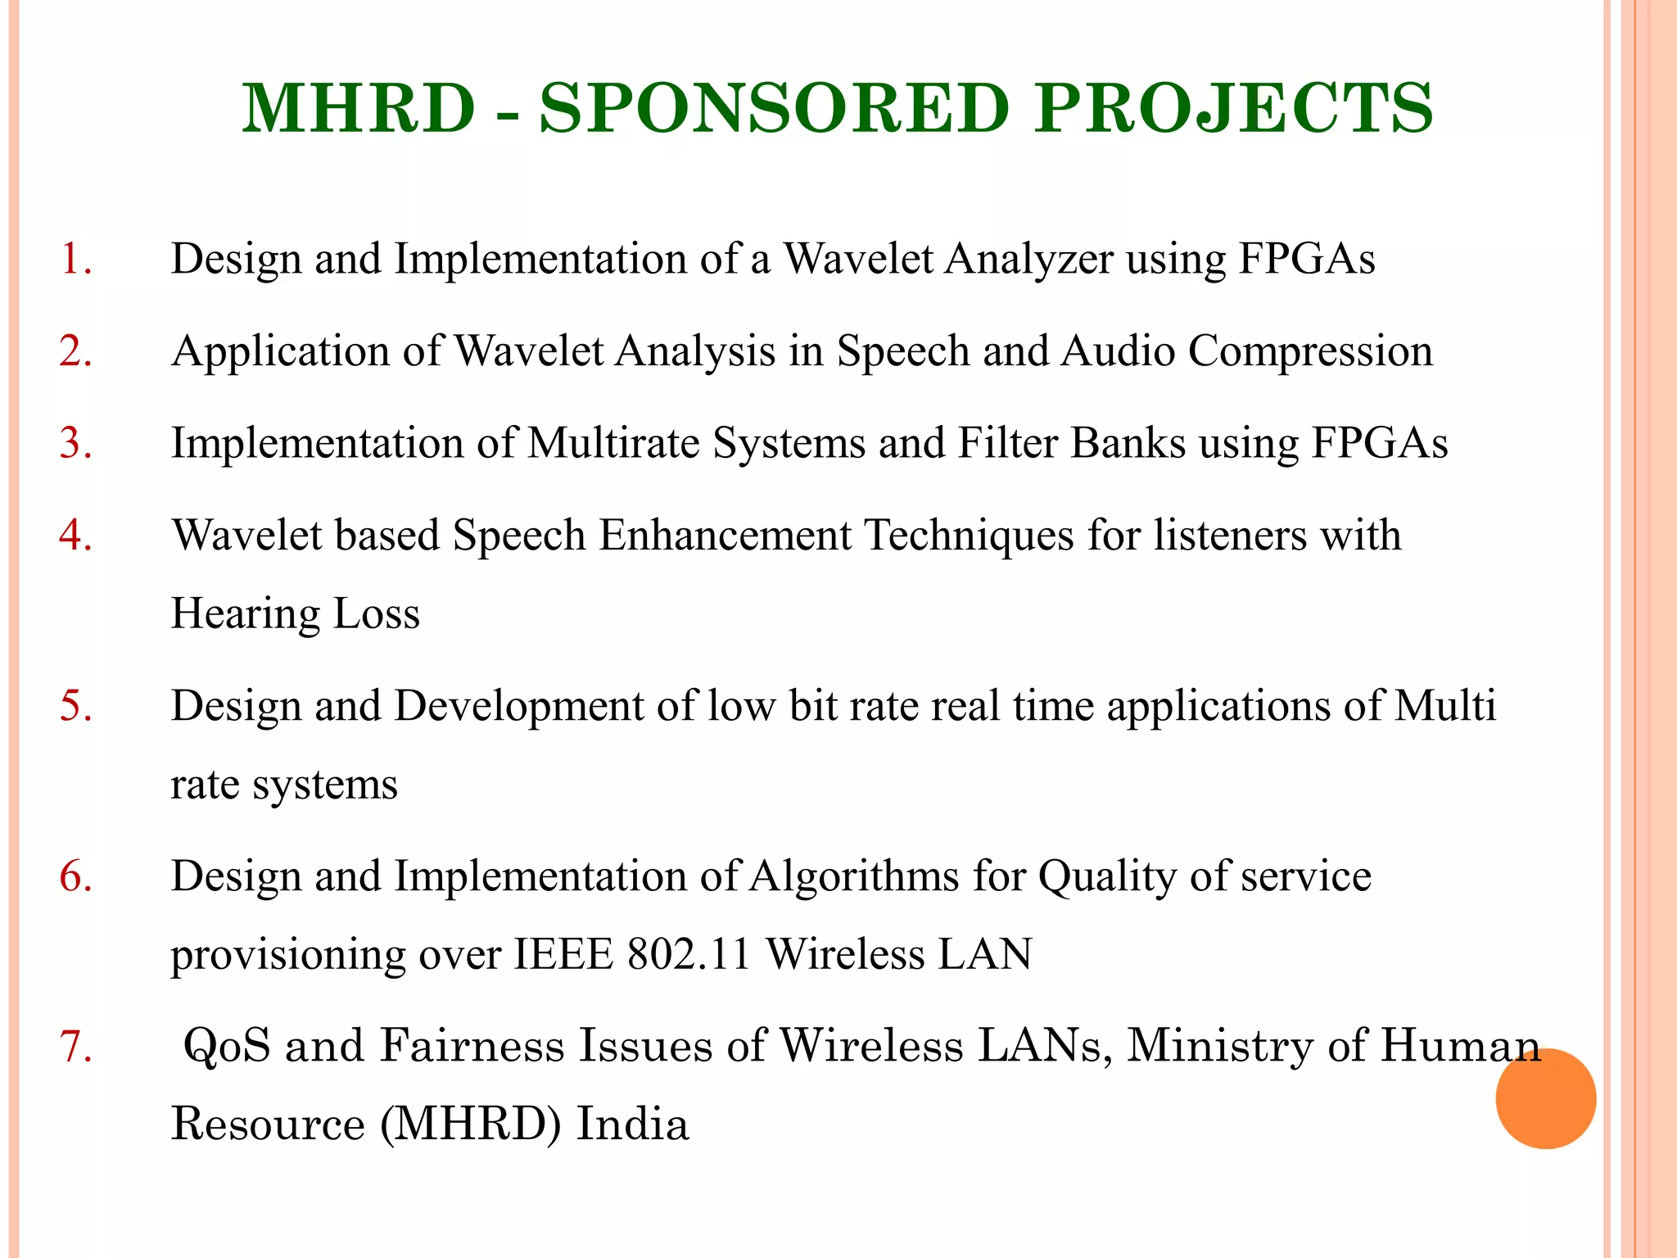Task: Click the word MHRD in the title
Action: coord(359,109)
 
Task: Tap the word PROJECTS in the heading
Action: coord(1233,109)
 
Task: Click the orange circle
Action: coord(1545,1098)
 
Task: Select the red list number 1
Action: coord(75,259)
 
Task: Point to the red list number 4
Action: coord(75,536)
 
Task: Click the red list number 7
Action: coord(75,1047)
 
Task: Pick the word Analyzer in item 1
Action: coord(1028,260)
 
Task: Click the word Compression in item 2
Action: coord(1310,352)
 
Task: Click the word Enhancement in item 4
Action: coord(725,536)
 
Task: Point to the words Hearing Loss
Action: coord(295,614)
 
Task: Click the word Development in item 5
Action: coord(519,706)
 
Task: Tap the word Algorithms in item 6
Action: coord(854,876)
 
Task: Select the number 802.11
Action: coord(689,955)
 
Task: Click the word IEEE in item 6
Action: coord(563,955)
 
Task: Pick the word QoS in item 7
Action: coord(227,1047)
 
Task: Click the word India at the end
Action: coord(633,1124)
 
